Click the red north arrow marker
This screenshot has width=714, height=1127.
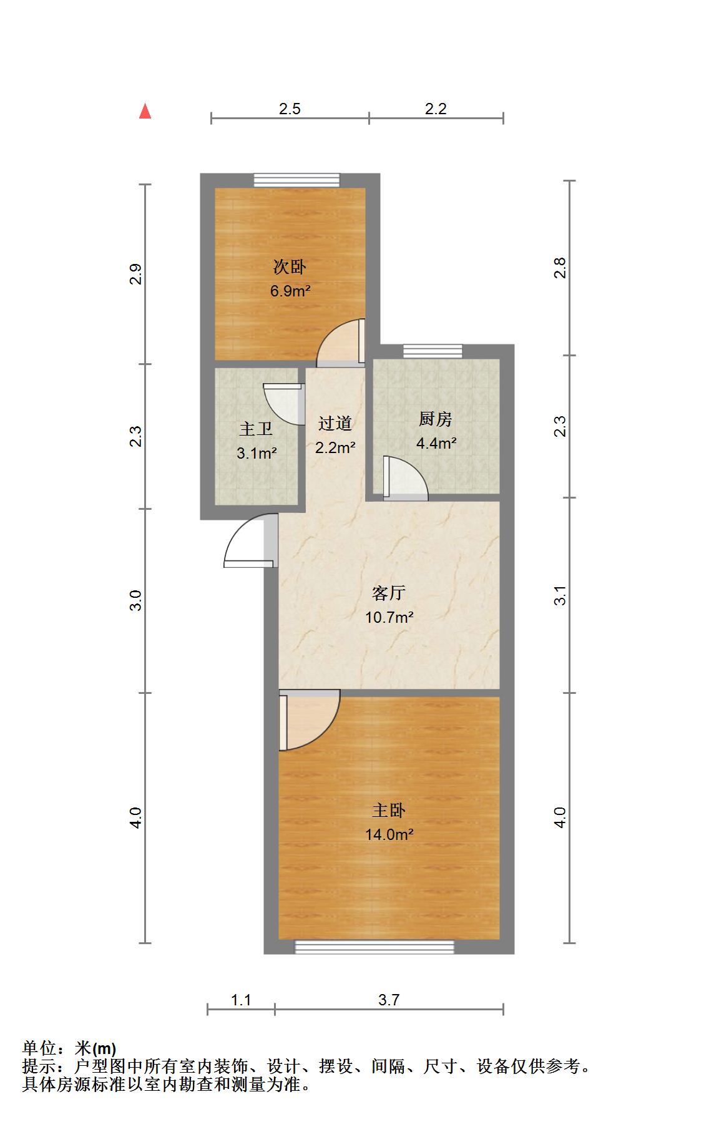145,111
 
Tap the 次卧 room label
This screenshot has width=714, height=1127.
290,267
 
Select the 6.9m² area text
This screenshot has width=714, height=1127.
290,291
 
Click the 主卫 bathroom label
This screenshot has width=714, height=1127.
256,429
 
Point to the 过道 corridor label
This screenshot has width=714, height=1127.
335,423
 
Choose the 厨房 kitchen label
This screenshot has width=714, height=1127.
436,419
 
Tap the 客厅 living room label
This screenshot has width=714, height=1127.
389,592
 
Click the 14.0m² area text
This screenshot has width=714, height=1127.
389,834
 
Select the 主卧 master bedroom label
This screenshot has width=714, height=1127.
389,811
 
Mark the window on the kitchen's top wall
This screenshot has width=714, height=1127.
433,351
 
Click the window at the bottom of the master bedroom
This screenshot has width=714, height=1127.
374,947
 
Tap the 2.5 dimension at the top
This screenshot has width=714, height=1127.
290,109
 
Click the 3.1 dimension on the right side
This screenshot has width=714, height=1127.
560,595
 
